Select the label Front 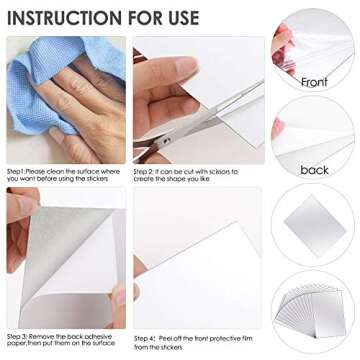[x=313, y=82]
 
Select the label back [x=313, y=170]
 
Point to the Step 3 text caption [x=65, y=340]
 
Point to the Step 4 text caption [x=195, y=340]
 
